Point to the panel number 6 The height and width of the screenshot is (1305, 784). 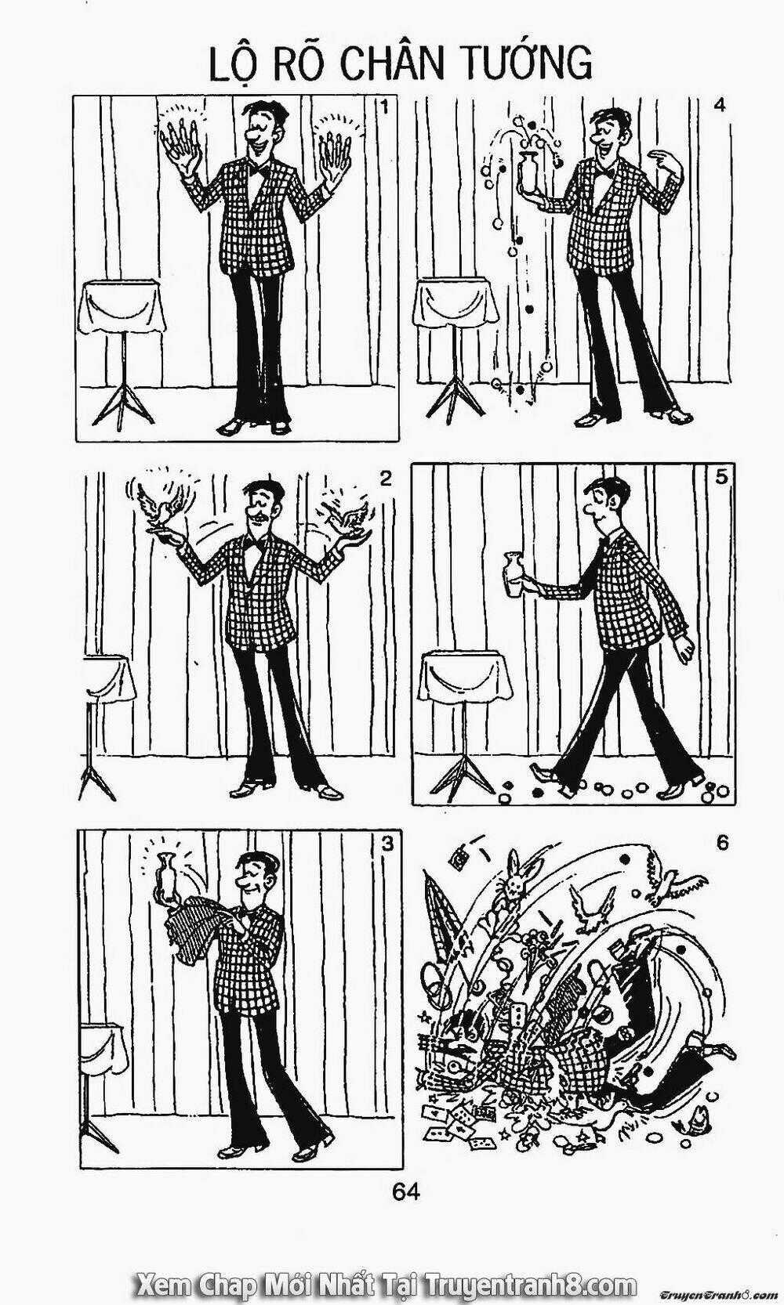pos(722,842)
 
